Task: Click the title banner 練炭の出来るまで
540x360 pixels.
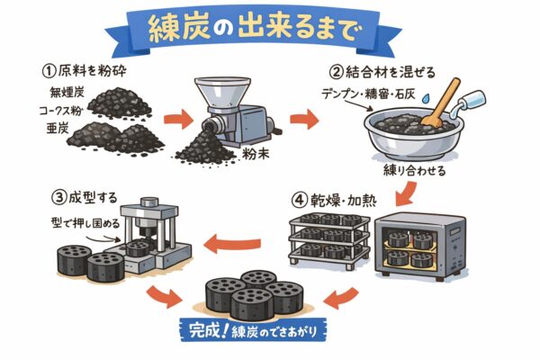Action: click(x=269, y=27)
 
